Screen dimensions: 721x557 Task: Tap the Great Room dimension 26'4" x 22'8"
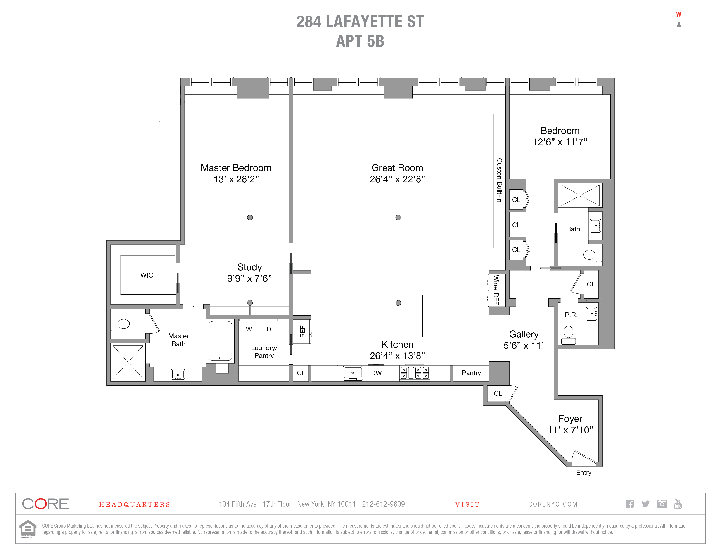(x=397, y=179)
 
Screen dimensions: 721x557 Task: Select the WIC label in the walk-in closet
(x=147, y=275)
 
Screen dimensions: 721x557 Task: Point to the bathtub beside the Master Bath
(x=220, y=341)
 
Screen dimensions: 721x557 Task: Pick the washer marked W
(x=249, y=329)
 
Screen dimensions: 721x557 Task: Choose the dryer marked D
(x=268, y=329)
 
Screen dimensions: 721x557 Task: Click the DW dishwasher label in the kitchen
(x=376, y=373)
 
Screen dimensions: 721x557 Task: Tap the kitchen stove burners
(x=415, y=373)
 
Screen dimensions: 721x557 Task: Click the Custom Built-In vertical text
(x=499, y=180)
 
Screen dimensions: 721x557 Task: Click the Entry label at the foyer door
(x=583, y=472)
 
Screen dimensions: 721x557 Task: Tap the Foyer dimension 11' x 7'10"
(x=570, y=430)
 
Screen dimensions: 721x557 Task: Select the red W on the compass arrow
(x=678, y=14)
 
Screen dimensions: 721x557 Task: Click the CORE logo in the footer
(x=46, y=504)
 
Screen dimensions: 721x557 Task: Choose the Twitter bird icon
(x=645, y=504)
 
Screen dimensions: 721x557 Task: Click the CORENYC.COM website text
(x=553, y=504)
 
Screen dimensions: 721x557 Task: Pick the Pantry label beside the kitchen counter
(x=471, y=373)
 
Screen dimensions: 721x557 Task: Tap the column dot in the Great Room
(x=398, y=217)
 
